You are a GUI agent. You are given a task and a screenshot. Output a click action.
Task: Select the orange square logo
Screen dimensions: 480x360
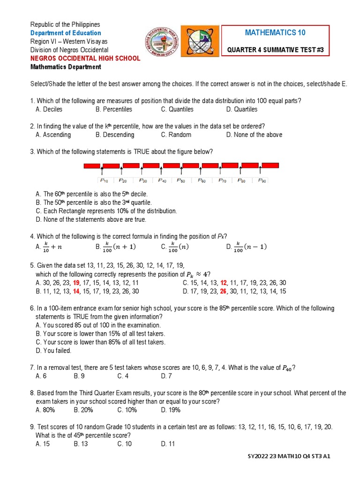coord(200,41)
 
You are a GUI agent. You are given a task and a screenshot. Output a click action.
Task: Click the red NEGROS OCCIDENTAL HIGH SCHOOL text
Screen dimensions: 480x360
coord(85,58)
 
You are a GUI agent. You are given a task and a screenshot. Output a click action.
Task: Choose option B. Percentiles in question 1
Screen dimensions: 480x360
coord(114,109)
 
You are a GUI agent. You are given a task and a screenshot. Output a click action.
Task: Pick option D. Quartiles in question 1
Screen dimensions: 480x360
coord(241,109)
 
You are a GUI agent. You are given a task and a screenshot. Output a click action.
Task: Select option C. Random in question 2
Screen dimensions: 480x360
coord(176,135)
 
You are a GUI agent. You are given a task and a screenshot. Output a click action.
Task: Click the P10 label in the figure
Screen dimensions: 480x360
coord(104,180)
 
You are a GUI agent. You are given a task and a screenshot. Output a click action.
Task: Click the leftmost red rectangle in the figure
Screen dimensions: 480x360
coord(92,165)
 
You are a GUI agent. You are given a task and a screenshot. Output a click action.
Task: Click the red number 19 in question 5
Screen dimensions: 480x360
coord(76,283)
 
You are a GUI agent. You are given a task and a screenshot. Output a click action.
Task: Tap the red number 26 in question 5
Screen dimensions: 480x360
coord(223,291)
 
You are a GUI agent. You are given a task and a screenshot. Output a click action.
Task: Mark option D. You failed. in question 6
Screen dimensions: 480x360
coord(53,351)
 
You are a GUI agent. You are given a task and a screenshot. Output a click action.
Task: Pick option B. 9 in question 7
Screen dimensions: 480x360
coord(79,376)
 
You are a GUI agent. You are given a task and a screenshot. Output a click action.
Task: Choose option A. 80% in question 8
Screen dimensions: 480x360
coord(45,410)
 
